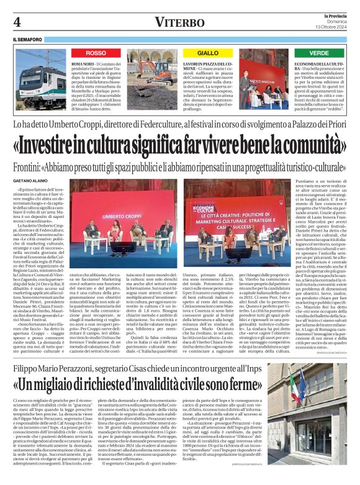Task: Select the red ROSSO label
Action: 96,53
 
